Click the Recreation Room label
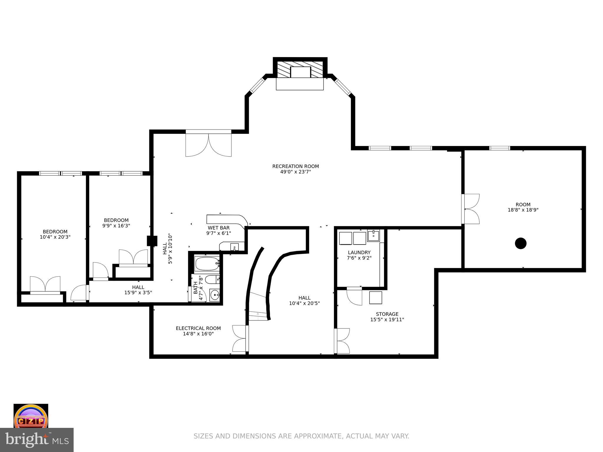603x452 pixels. pos(295,166)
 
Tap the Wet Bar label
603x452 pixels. pos(218,228)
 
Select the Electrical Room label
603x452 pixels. pos(198,328)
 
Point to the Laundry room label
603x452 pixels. pos(359,252)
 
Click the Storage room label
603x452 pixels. pos(387,314)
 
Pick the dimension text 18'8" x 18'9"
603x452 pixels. pos(523,210)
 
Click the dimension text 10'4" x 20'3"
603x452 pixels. pos(55,237)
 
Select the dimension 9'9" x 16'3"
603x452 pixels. pos(116,226)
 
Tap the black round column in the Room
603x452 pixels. pos(521,243)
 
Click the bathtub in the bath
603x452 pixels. pos(207,264)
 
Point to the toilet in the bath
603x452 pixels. pos(212,279)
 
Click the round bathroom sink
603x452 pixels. pos(215,295)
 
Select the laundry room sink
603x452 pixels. pos(373,235)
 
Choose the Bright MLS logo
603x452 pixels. pos(37,440)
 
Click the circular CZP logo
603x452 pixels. pos(31,416)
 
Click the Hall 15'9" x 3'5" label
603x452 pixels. pos(138,290)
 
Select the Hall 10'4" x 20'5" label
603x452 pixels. pos(304,300)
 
